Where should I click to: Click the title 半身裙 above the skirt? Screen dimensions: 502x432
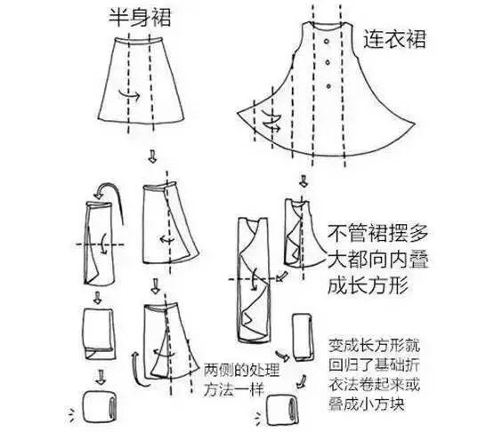140,18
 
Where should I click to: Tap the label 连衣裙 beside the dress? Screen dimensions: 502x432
394,39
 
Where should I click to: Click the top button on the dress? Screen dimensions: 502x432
327,42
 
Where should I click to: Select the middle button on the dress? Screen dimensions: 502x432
328,62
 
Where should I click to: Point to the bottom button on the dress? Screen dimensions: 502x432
328,86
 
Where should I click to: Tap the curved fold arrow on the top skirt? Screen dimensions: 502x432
129,93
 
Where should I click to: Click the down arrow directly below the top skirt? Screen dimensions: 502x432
152,156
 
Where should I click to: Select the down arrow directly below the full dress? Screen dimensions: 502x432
303,180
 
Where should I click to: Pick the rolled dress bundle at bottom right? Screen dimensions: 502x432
283,410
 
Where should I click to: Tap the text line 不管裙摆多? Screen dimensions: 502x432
377,234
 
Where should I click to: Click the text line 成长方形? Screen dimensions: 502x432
368,284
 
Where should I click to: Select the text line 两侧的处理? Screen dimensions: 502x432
242,371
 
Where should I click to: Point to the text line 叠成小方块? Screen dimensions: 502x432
367,404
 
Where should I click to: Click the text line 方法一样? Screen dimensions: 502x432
234,389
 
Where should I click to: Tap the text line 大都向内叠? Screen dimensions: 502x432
377,259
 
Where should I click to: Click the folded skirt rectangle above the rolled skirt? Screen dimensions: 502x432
100,333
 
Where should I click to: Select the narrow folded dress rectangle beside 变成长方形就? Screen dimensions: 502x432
303,338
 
